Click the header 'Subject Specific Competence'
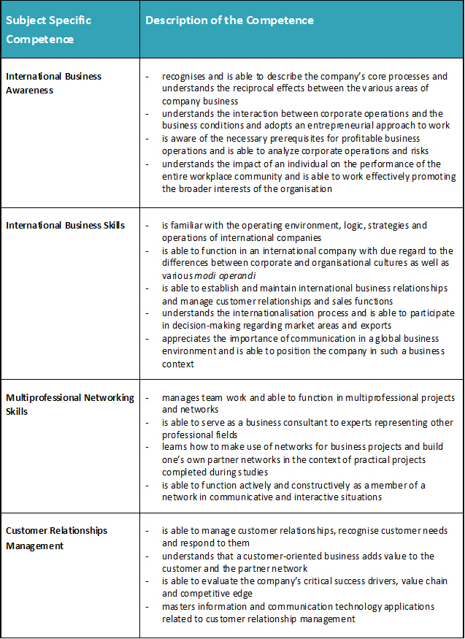tap(49, 29)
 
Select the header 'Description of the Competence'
tap(229, 20)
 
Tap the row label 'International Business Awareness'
tap(54, 83)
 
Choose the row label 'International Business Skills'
tap(65, 225)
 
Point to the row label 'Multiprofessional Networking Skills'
tap(70, 404)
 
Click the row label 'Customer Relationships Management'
tap(56, 537)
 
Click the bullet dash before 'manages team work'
tap(148, 398)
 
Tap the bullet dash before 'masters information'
tap(148, 606)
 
